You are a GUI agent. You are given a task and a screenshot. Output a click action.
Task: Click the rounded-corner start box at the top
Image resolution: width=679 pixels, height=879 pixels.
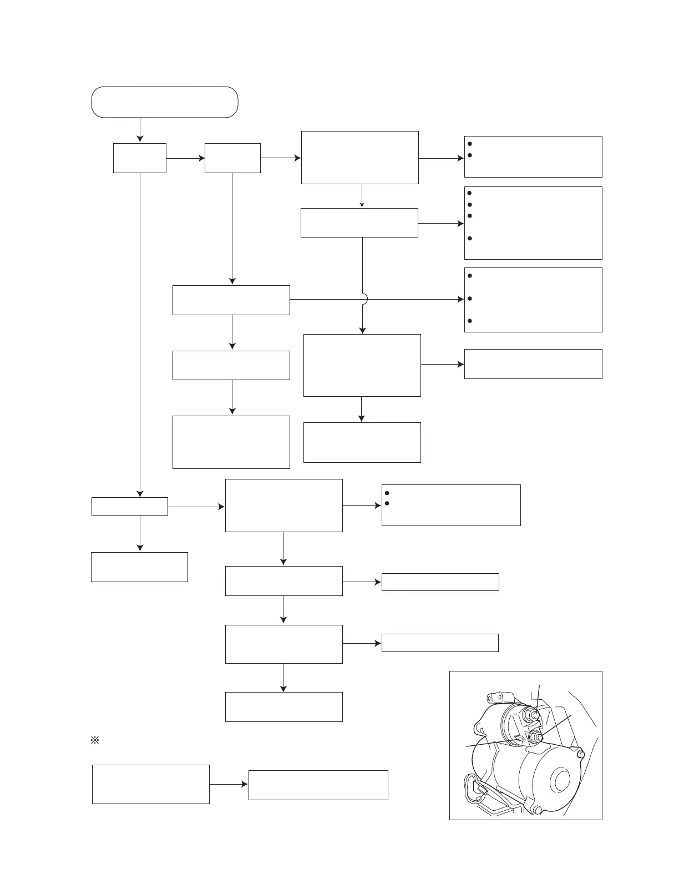tap(164, 102)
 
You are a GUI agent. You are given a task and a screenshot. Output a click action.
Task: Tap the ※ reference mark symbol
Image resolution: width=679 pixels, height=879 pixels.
tap(94, 741)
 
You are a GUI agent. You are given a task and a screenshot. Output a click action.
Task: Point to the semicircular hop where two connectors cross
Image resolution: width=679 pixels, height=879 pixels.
tap(364, 300)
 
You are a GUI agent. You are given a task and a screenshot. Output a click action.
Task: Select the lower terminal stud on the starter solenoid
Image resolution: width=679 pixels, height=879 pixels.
tap(536, 737)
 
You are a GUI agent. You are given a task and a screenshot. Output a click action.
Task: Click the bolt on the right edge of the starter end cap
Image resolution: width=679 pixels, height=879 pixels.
tap(580, 755)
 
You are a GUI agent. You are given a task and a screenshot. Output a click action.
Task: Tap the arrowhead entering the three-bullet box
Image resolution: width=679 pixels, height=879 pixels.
tap(460, 300)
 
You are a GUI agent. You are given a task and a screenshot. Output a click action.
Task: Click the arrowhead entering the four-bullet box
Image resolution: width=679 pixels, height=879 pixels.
tap(460, 224)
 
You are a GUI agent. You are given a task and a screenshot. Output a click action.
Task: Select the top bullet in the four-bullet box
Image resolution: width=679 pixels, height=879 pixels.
tap(469, 193)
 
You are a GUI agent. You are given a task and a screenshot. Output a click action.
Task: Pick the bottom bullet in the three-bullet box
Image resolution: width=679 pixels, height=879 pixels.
tap(469, 321)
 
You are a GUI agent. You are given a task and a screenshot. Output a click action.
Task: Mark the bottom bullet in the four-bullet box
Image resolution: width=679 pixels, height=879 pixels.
tap(469, 239)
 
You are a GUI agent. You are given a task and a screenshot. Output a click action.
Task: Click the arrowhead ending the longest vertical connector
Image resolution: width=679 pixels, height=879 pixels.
tap(140, 493)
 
